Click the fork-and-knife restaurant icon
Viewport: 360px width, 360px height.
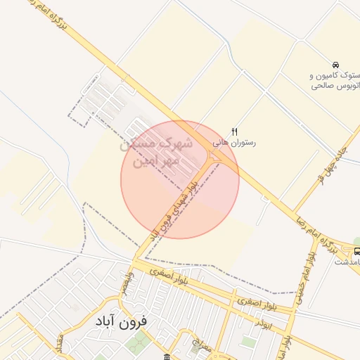[x=235, y=131]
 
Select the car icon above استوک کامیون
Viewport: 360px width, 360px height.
[x=336, y=65]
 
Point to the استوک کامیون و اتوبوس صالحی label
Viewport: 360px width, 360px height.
[x=335, y=80]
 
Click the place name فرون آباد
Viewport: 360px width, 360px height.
[x=120, y=321]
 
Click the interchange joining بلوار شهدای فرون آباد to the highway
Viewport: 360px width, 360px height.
[x=213, y=161]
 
